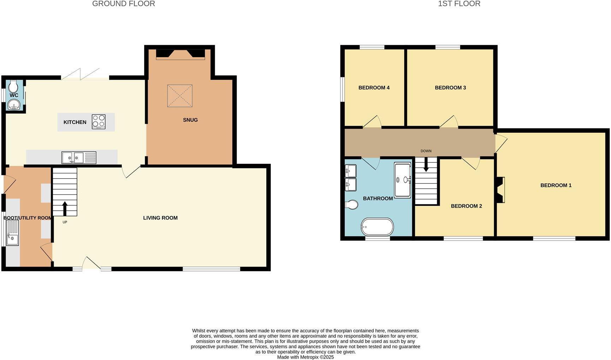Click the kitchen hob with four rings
point(99,122)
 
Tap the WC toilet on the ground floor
point(13,86)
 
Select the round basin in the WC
point(14,105)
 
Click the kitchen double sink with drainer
point(78,158)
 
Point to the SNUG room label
point(190,120)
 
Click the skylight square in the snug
point(180,96)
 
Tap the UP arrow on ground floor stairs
point(65,209)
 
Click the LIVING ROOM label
point(160,218)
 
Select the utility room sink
point(12,233)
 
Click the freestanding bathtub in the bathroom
point(377,227)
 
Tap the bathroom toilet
point(351,204)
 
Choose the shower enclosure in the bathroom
point(403,180)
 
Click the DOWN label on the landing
point(426,151)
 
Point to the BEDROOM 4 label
point(374,88)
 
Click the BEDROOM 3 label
point(450,88)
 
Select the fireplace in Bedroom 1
point(500,190)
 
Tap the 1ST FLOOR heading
point(459,4)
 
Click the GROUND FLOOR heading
point(123,4)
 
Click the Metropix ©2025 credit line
point(305,357)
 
